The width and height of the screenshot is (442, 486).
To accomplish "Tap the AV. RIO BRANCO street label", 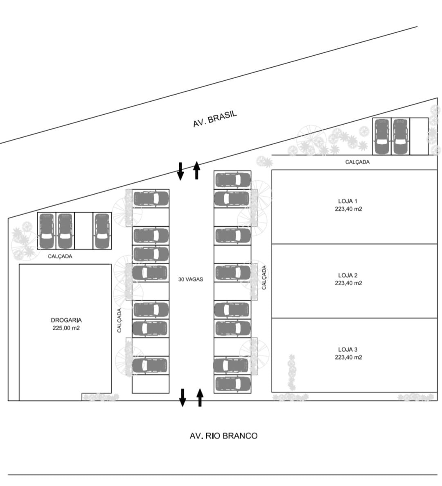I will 223,436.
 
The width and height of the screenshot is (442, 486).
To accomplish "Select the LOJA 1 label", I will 348,201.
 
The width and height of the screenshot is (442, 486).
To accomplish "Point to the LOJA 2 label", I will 348,275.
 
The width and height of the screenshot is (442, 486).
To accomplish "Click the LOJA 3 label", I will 348,350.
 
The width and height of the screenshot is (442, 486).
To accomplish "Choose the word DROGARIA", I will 66,320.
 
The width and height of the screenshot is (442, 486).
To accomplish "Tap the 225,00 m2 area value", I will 66,328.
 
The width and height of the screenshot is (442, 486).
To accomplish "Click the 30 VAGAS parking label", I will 191,279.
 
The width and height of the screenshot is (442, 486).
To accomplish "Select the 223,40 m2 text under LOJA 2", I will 348,283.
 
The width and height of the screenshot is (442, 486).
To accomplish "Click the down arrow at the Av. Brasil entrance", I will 180,171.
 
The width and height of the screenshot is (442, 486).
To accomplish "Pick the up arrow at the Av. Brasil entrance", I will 196,170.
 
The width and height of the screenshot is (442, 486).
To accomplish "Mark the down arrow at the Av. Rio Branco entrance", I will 183,397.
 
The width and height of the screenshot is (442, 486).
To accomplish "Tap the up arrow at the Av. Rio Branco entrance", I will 200,397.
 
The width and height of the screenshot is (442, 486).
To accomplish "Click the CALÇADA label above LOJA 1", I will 357,162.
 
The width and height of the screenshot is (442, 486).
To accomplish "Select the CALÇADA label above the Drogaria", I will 60,257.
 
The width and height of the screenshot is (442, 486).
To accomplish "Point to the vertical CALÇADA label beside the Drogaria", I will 120,320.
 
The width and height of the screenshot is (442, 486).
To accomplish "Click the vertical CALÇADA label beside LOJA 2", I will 264,277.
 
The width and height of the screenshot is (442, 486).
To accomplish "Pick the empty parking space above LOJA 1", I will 419,136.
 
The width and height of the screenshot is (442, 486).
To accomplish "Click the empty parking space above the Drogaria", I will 83,231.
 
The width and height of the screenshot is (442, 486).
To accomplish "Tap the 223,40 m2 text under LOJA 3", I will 348,357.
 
